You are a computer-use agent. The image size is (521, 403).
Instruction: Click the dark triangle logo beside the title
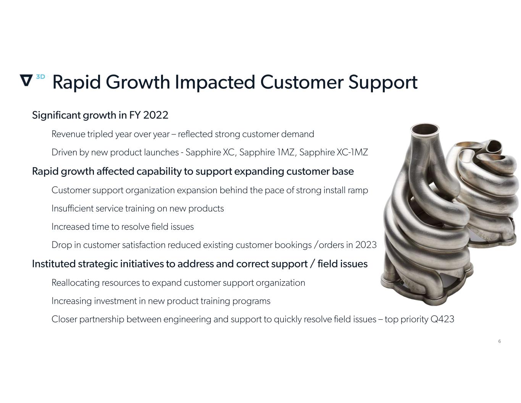26,80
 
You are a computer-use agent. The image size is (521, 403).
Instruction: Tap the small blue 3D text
40,77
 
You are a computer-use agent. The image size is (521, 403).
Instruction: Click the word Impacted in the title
215,83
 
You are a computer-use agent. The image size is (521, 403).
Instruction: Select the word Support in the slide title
383,83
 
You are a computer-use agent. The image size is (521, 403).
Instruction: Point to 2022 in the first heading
156,115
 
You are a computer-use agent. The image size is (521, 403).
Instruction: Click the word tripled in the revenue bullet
100,134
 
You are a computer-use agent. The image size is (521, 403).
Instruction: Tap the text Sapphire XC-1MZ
334,152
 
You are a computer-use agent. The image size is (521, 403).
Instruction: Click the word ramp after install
358,191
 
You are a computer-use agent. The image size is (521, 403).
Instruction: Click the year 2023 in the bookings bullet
366,245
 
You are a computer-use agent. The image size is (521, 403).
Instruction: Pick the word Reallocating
76,283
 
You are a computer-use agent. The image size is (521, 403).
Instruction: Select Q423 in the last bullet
442,319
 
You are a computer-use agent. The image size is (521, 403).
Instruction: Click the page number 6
499,341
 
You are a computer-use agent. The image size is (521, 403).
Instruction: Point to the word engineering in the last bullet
187,320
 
